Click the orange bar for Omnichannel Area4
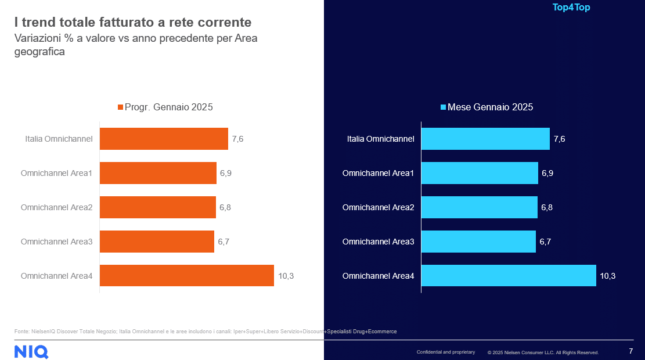186,276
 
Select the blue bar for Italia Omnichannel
485,139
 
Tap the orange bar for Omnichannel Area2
157,207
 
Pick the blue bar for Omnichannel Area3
478,242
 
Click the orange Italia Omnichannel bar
164,139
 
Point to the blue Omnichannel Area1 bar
479,173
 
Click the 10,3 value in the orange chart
286,276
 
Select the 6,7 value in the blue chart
545,242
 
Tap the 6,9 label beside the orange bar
225,173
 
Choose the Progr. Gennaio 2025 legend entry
165,107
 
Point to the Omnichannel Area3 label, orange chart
56,242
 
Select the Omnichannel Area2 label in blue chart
378,207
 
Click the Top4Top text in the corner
571,8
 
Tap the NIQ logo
31,351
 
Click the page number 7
631,351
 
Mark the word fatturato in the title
113,23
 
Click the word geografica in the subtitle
39,52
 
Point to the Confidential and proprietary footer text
445,352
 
